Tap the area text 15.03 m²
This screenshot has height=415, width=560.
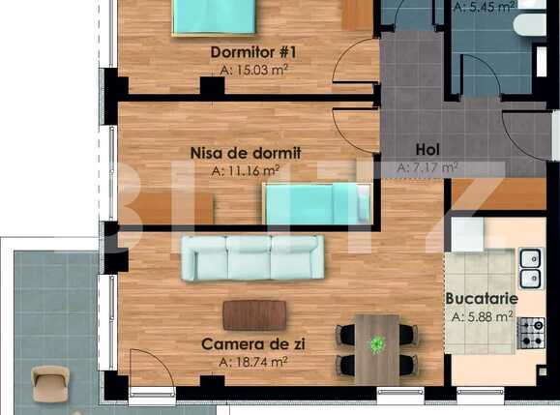click(254, 70)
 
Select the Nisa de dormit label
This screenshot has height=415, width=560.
click(246, 152)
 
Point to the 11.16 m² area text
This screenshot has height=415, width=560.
click(245, 170)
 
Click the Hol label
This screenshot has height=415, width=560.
click(427, 149)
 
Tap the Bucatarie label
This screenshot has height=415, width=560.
click(481, 299)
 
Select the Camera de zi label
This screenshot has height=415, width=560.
click(246, 343)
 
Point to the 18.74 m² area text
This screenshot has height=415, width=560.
click(253, 362)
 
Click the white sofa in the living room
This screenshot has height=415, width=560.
click(252, 257)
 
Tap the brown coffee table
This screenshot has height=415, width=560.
click(254, 314)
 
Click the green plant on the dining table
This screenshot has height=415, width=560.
click(377, 343)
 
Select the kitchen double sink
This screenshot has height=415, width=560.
click(530, 268)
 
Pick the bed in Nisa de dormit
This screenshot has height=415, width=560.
click(316, 204)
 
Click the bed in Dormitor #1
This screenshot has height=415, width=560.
click(215, 16)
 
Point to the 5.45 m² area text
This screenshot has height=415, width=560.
click(487, 5)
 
